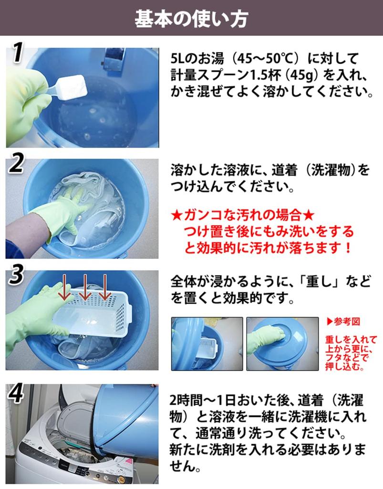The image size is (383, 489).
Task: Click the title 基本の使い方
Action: tap(191, 19)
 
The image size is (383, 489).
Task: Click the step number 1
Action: tap(17, 53)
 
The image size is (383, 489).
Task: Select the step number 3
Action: tap(16, 275)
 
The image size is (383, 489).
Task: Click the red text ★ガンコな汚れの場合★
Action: tap(242, 215)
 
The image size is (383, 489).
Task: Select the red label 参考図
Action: tap(344, 321)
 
